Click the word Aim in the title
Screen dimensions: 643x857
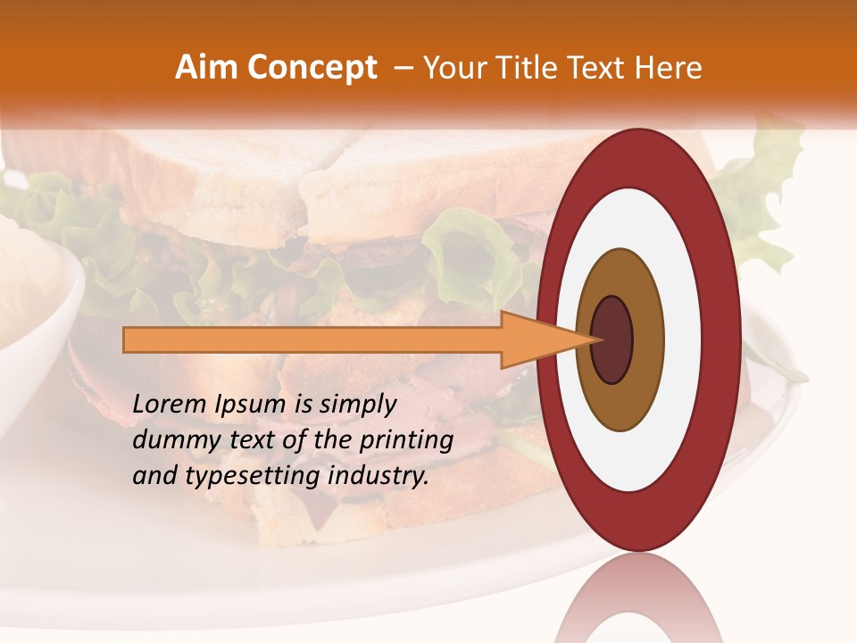pos(206,68)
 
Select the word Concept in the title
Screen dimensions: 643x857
pos(312,68)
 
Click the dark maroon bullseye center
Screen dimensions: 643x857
pos(612,340)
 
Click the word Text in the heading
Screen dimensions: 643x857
pos(608,68)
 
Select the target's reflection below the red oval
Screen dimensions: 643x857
pos(639,598)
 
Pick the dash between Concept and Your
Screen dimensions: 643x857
pos(403,69)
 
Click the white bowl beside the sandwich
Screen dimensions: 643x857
pos(36,295)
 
